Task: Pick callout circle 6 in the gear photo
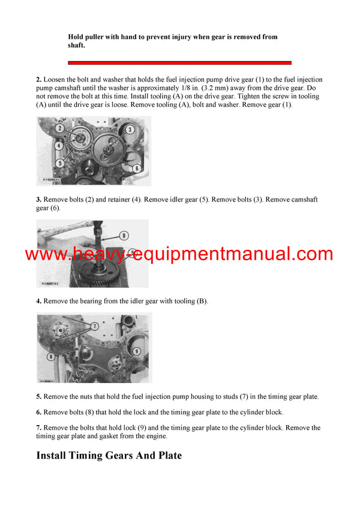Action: pyautogui.click(x=137, y=168)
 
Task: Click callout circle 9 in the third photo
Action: pyautogui.click(x=136, y=351)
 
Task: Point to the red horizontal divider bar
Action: pyautogui.click(x=179, y=62)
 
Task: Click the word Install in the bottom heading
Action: pyautogui.click(x=57, y=456)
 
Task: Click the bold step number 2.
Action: pyautogui.click(x=38, y=80)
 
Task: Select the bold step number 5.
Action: pyautogui.click(x=38, y=396)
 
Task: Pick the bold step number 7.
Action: pyautogui.click(x=38, y=428)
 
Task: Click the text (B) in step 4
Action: pyautogui.click(x=201, y=301)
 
